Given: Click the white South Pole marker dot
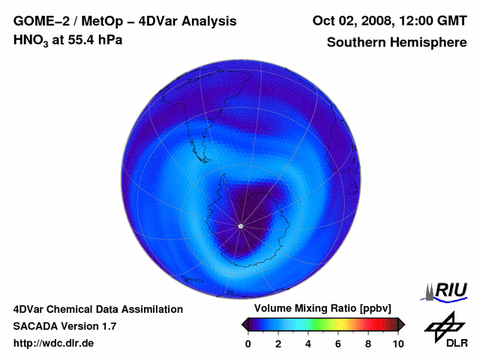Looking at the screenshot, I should [240, 226].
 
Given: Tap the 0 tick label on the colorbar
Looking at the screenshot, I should [248, 343].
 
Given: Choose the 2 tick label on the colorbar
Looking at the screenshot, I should [278, 343].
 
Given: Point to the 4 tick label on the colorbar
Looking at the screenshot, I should [308, 343].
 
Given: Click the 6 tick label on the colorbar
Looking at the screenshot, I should [338, 343].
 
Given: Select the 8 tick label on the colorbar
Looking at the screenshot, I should [368, 343].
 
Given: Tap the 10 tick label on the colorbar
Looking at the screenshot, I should [397, 343].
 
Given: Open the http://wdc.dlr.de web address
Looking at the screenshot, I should [54, 343].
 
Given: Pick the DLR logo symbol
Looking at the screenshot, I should [442, 326].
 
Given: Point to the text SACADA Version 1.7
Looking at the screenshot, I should [64, 326].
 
